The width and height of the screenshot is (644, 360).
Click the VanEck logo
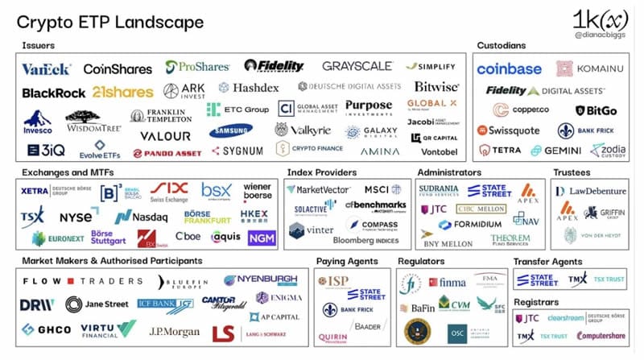[x=47, y=69]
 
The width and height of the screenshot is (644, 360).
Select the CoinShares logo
[x=118, y=69]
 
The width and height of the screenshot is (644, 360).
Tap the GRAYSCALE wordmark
[x=357, y=66]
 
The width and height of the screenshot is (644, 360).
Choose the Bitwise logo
[x=436, y=86]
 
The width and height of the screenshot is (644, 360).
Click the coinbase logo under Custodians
[x=509, y=69]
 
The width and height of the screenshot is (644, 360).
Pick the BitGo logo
[x=597, y=110]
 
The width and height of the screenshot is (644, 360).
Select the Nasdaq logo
[x=141, y=217]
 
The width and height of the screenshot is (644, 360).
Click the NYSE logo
[x=74, y=217]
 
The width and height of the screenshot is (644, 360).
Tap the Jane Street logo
[x=101, y=304]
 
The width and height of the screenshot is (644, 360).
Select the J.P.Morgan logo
[x=175, y=330]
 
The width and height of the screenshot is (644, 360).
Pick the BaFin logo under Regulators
[x=415, y=307]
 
